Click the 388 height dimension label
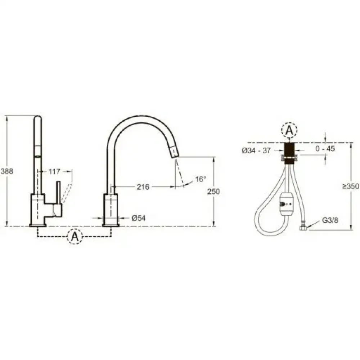coord(7,171)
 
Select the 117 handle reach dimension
coord(54,171)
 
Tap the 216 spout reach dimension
coord(143,187)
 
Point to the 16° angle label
coord(201,179)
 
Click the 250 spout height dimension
coord(213,192)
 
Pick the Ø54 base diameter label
coord(139,218)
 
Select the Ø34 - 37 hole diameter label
coord(256,150)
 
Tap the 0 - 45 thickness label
coord(325,149)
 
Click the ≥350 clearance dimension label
coord(351,186)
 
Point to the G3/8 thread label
coord(330,220)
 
